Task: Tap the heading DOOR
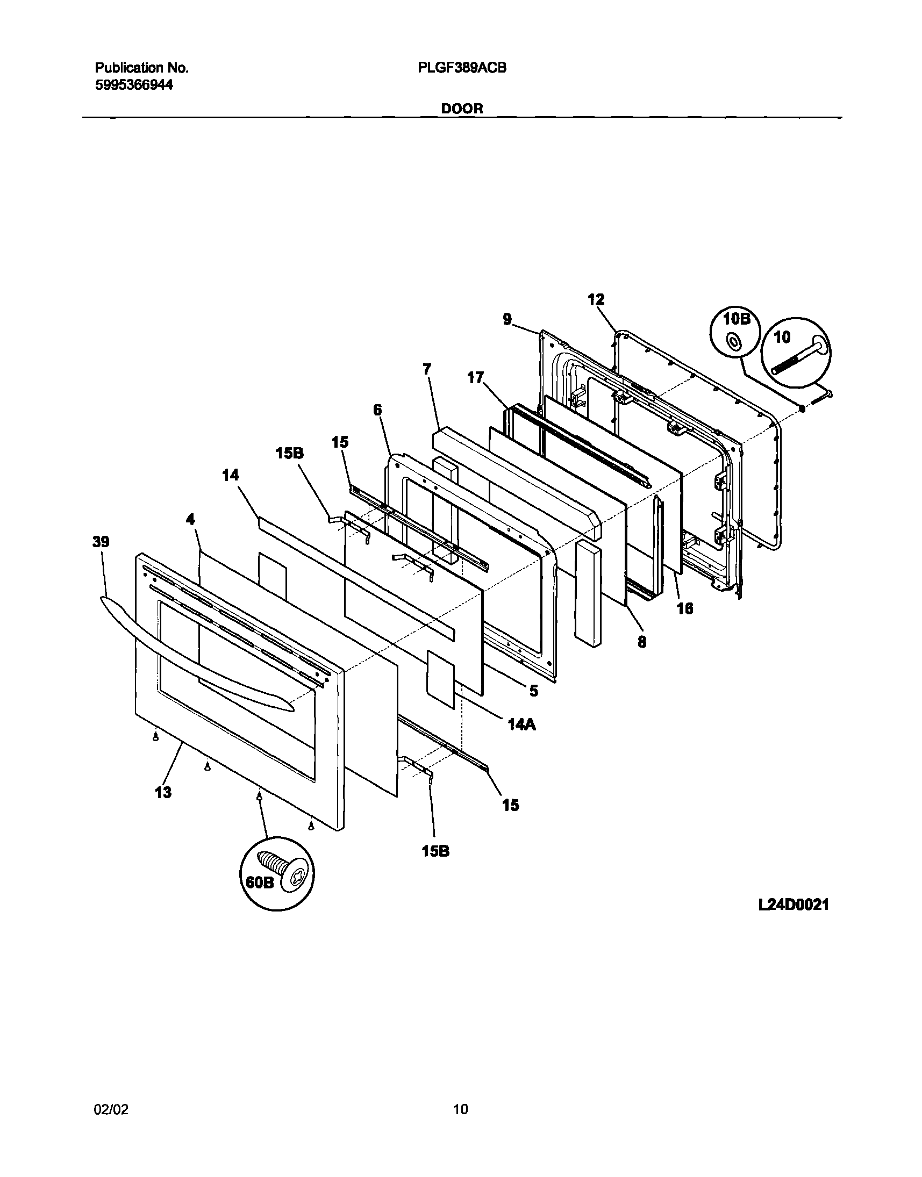pyautogui.click(x=462, y=109)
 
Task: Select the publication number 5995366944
pyautogui.click(x=134, y=85)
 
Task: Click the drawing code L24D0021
pyautogui.click(x=793, y=905)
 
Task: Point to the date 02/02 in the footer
pyautogui.click(x=111, y=1109)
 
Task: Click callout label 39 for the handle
pyautogui.click(x=101, y=542)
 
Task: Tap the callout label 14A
pyautogui.click(x=521, y=725)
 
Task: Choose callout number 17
pyautogui.click(x=476, y=378)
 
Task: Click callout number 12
pyautogui.click(x=596, y=299)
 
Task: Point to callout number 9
pyautogui.click(x=507, y=319)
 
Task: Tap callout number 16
pyautogui.click(x=685, y=609)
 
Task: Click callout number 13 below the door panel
pyautogui.click(x=163, y=792)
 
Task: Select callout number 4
pyautogui.click(x=190, y=519)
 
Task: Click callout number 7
pyautogui.click(x=427, y=369)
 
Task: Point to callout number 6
pyautogui.click(x=377, y=410)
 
